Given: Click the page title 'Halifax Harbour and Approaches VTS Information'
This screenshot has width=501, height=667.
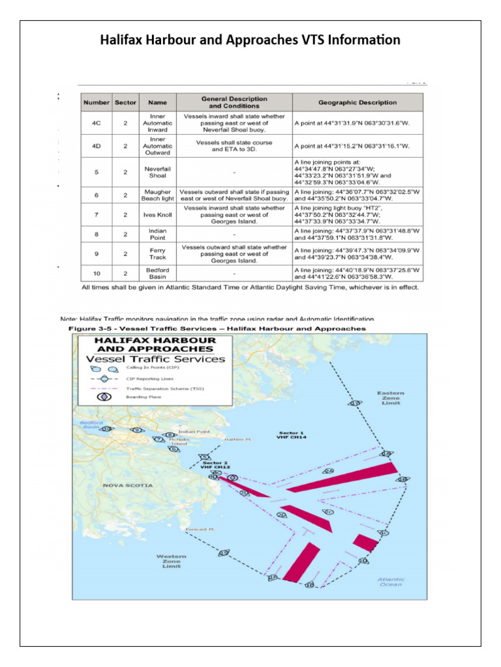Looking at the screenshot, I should (250, 41).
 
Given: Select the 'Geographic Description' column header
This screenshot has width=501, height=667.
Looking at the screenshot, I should (357, 102).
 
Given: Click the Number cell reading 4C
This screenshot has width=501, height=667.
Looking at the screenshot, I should (95, 122).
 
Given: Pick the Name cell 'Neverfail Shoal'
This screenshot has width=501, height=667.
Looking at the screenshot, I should (157, 172).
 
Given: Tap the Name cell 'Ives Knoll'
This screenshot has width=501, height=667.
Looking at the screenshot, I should (157, 214).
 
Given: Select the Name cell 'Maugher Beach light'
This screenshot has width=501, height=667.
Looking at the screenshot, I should (157, 195).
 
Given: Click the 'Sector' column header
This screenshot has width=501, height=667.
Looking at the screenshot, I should (125, 102).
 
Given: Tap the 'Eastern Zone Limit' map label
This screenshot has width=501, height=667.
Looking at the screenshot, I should (391, 398).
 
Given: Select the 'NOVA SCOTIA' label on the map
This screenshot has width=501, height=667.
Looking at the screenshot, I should (128, 485).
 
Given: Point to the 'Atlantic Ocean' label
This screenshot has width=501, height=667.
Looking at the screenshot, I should (390, 582).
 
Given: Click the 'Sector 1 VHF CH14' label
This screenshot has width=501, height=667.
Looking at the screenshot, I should (292, 436).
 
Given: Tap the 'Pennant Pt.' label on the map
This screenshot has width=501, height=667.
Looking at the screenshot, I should (200, 529).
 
